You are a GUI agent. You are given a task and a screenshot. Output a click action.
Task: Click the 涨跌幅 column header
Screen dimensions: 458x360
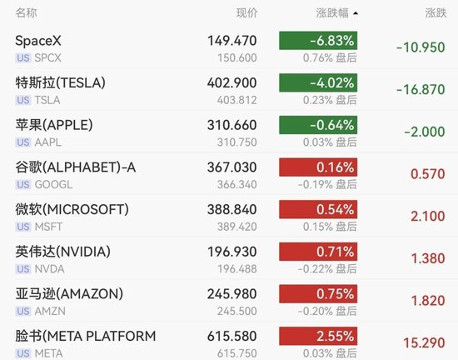point(332,13)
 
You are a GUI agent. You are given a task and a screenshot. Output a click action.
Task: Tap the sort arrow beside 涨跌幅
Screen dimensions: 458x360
point(356,13)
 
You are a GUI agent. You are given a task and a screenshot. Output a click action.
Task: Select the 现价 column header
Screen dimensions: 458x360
point(246,13)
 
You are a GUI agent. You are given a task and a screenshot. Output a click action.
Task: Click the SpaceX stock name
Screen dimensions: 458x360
point(38,41)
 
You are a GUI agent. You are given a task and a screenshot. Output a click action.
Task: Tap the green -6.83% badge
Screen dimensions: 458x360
point(318,41)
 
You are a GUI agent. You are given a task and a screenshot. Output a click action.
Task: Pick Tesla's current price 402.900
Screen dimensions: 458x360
point(232,83)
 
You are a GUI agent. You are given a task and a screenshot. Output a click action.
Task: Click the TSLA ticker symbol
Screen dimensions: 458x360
point(47,100)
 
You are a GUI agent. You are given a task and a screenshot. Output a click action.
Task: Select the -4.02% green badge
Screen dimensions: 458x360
point(318,83)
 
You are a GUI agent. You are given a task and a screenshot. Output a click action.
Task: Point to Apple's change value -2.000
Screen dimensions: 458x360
point(425,132)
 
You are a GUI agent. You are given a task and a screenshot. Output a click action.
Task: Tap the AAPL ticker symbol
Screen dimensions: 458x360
point(48,142)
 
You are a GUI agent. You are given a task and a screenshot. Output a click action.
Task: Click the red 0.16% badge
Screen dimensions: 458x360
point(318,167)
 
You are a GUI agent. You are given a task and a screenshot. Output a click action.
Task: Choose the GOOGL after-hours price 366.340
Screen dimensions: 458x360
point(236,185)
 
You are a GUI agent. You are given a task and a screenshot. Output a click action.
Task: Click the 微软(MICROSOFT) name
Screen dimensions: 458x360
point(72,209)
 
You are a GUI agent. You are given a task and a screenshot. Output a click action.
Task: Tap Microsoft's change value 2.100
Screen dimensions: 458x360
point(428,216)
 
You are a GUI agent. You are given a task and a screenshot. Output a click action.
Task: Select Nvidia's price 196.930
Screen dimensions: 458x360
point(232,252)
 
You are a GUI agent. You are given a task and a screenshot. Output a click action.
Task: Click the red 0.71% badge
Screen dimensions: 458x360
point(318,252)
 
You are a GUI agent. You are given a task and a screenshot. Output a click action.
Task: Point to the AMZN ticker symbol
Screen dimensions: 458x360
point(50,311)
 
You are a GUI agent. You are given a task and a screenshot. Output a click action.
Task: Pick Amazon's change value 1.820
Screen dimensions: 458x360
point(428,301)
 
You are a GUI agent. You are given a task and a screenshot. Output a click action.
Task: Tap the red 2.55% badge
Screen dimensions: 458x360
point(318,336)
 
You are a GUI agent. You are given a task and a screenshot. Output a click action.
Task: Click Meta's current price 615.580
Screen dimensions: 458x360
point(232,336)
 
